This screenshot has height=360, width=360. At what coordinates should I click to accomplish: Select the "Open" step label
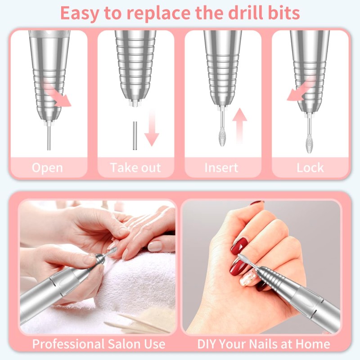coord(48,168)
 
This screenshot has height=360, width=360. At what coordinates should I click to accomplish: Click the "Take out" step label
coord(135,168)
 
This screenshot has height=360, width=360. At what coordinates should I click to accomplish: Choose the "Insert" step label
coord(221,168)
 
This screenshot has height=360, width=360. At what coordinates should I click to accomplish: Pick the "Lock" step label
coord(310,168)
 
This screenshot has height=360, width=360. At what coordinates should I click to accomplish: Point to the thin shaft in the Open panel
coord(49,137)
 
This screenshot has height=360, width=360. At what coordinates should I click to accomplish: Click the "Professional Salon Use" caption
coord(99,344)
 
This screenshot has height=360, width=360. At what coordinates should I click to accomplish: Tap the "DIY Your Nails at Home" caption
coord(263,344)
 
